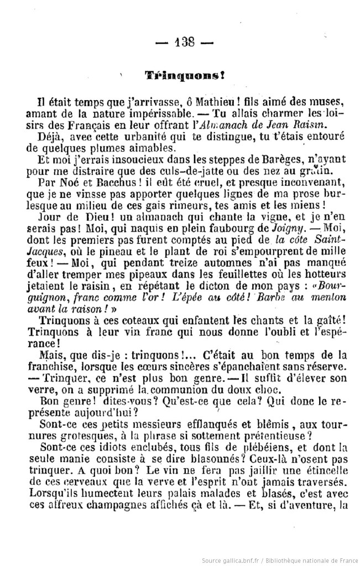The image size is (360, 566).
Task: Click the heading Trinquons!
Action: [x=176, y=74]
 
